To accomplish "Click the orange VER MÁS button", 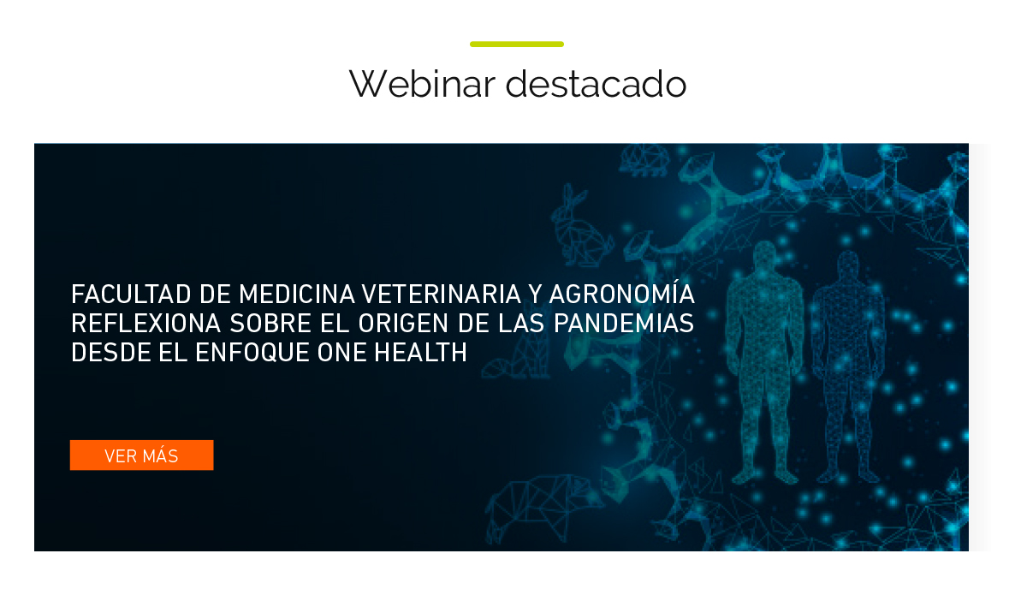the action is pos(142,455).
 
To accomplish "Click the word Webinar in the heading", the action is pos(422,84).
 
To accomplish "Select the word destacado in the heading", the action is pos(596,84).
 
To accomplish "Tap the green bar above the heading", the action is pos(517,44).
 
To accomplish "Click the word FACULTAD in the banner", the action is pos(131,294).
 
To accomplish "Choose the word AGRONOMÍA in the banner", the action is pos(622,293).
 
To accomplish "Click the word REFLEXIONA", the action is pos(146,324).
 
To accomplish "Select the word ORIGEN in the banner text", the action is pos(403,324).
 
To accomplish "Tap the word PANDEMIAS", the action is pos(624,324).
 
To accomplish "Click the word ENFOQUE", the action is pos(252,353).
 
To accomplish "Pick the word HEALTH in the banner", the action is pos(420,353).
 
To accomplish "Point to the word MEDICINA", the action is pos(297,294).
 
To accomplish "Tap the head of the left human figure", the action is pos(764,253).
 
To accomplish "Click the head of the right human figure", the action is pos(848,263).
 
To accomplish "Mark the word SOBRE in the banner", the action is pos(271,324).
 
